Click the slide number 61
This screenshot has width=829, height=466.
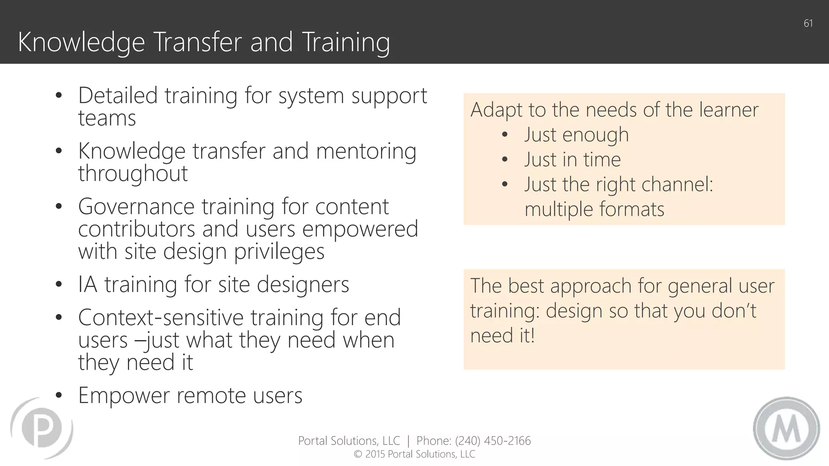pos(808,23)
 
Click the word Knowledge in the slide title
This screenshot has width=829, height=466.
pos(81,42)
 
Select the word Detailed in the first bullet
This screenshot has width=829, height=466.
pos(118,96)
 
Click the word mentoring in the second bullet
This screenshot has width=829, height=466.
pos(366,151)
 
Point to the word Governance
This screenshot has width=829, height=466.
pos(136,207)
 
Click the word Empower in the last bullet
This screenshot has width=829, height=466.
pos(124,396)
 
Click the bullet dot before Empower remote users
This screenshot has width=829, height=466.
pos(59,396)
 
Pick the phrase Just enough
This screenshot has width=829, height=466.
pos(576,135)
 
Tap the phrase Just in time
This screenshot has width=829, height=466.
pos(572,159)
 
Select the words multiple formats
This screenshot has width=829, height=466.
pos(594,210)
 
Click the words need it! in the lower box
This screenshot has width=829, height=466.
pos(502,336)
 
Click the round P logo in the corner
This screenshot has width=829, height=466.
pos(42,428)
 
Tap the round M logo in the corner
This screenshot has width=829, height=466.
pos(786,428)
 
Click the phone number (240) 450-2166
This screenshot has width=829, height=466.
pos(493,441)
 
